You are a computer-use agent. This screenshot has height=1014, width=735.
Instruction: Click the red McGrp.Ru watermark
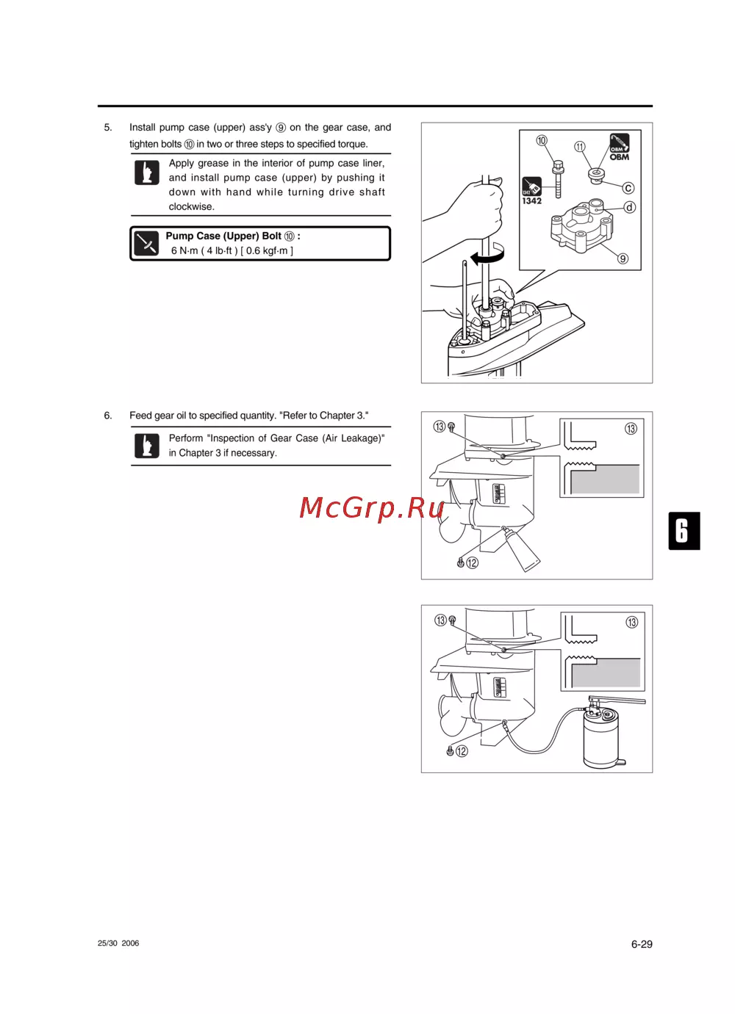pyautogui.click(x=371, y=508)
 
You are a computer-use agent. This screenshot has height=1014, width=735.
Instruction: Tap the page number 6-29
pyautogui.click(x=641, y=944)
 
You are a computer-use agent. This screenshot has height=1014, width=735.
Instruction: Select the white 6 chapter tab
pyautogui.click(x=684, y=531)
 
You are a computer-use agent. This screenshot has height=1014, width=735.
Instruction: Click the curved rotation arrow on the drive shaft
pyautogui.click(x=488, y=255)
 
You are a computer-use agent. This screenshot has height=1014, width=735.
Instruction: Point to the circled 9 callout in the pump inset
pyautogui.click(x=623, y=258)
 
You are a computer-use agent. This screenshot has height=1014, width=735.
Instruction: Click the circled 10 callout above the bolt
pyautogui.click(x=541, y=140)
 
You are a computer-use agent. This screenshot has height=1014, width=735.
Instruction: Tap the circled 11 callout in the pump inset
pyautogui.click(x=579, y=147)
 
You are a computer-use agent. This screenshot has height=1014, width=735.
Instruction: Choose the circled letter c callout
pyautogui.click(x=628, y=188)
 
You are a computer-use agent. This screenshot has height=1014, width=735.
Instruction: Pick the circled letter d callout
pyautogui.click(x=629, y=207)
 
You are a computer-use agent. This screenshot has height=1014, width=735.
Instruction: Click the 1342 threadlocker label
pyautogui.click(x=531, y=201)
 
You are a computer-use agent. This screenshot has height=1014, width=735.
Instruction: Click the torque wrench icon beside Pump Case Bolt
pyautogui.click(x=146, y=243)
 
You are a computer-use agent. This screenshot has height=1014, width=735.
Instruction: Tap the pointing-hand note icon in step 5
pyautogui.click(x=146, y=173)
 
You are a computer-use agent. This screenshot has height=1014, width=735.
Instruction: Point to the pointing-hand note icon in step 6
pyautogui.click(x=146, y=446)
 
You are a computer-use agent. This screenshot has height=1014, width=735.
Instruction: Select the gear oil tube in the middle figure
pyautogui.click(x=522, y=551)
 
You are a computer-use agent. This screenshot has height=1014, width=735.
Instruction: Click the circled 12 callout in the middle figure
pyautogui.click(x=472, y=562)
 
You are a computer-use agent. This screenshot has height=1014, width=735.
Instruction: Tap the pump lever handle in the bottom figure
pyautogui.click(x=617, y=700)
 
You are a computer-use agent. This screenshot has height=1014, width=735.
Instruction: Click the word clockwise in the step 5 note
pyautogui.click(x=191, y=206)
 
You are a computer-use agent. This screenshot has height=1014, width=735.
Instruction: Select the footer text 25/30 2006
pyautogui.click(x=118, y=944)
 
